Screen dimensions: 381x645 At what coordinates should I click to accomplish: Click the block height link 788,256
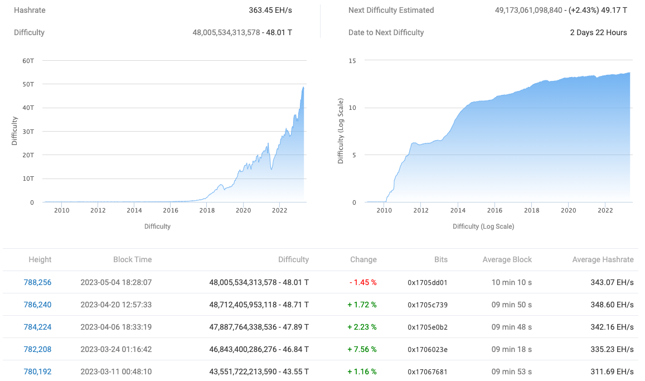37,282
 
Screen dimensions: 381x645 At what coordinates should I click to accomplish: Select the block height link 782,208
37,349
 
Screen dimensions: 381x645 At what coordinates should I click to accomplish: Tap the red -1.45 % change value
363,282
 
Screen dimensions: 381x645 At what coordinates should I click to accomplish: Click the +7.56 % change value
363,349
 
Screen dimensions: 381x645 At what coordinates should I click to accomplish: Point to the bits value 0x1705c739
427,305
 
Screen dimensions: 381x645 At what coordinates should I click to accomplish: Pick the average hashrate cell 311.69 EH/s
612,372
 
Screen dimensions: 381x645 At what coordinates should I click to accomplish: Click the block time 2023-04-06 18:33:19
116,327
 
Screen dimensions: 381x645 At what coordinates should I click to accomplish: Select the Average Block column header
507,259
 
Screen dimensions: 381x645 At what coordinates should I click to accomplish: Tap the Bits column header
440,259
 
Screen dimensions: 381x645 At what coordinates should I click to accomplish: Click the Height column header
40,259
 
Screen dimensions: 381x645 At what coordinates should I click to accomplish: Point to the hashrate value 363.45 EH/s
270,10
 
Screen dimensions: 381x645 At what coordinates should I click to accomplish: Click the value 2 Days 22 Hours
598,32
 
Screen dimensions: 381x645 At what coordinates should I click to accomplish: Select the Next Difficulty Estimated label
391,10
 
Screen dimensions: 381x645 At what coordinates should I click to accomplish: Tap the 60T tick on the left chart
28,60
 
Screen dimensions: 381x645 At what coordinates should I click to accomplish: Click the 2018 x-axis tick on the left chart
207,210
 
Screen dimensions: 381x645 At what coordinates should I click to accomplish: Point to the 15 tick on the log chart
352,60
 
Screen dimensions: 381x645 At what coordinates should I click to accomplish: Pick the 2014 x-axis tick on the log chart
458,210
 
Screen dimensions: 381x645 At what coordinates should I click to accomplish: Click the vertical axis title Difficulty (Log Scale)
341,131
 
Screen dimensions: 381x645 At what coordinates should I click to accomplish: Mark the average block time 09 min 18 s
511,349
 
